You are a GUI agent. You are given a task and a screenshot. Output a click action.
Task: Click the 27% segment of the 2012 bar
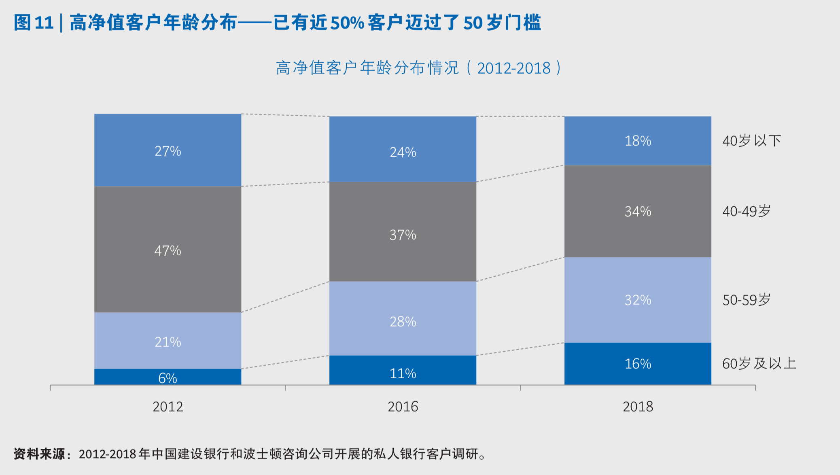[168, 151]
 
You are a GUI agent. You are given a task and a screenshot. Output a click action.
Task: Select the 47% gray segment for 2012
[168, 250]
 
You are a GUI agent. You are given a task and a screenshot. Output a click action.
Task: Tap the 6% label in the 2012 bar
[168, 378]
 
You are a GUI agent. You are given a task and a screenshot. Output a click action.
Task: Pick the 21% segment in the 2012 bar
[168, 341]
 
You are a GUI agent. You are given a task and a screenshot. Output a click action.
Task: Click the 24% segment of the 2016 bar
[403, 152]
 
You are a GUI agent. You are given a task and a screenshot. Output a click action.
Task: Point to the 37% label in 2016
[403, 235]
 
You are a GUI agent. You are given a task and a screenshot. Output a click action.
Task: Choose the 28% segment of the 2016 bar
[403, 321]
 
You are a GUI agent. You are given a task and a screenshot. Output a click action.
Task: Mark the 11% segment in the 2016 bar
[403, 373]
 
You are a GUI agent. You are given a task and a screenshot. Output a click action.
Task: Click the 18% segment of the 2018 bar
[638, 140]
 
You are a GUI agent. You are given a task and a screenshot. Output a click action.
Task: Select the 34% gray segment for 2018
[638, 211]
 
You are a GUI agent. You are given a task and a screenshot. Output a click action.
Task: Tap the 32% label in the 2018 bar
[638, 299]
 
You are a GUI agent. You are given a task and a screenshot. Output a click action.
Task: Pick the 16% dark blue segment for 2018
[638, 363]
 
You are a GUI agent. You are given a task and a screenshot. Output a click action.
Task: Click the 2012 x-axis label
[168, 406]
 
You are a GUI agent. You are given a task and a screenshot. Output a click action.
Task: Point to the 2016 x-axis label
[403, 406]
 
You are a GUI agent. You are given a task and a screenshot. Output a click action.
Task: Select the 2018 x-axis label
[638, 406]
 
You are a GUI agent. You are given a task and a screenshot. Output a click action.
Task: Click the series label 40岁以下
[751, 140]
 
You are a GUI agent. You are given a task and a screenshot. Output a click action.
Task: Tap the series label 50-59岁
[747, 300]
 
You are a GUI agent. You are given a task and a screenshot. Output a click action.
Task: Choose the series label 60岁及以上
[759, 363]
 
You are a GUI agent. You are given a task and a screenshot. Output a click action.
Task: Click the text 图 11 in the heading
[34, 23]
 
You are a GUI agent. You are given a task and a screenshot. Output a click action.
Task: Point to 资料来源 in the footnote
[39, 454]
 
